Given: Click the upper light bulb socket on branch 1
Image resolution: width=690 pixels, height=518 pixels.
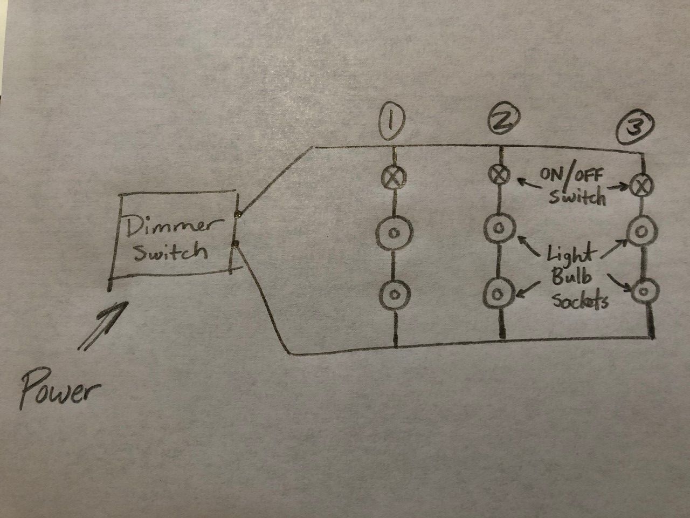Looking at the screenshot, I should pos(394,233).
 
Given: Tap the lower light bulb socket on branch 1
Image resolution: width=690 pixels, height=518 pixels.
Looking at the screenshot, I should pos(394,294).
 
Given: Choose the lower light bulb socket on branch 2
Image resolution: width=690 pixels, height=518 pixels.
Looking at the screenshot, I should pos(499,293).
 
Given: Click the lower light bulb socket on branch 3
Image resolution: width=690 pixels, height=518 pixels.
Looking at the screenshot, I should pos(643,292).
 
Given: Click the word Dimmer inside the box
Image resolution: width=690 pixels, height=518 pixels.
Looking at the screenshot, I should pos(168,227).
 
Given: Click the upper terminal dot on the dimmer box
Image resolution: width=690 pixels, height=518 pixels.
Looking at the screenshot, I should pos(237,215).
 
